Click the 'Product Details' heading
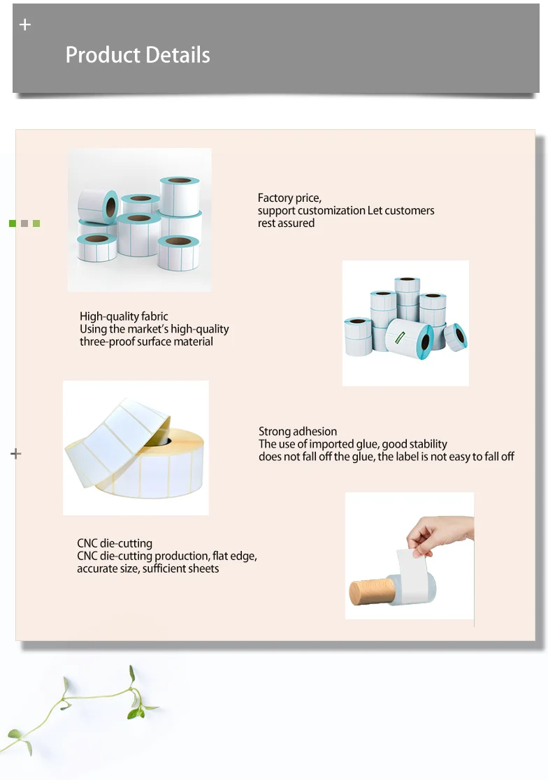(x=138, y=55)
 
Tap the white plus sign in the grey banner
(x=25, y=25)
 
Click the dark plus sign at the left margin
(x=16, y=454)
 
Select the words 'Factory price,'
(x=289, y=198)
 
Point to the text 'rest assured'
(x=286, y=223)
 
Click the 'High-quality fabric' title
(x=124, y=316)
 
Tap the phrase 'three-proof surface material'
(x=146, y=342)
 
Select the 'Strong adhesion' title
(x=298, y=432)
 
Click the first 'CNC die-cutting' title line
(x=115, y=543)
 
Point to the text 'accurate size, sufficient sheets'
(x=147, y=569)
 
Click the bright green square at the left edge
(x=12, y=223)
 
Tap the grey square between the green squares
(x=24, y=223)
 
